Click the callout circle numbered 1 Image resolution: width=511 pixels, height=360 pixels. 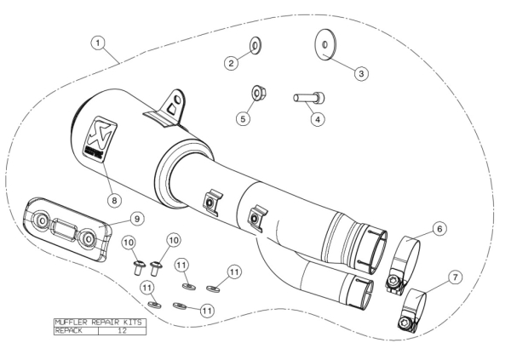[x=98, y=43]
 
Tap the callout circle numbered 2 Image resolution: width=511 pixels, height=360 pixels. [x=231, y=62]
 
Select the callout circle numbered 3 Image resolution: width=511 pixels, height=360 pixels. [x=361, y=73]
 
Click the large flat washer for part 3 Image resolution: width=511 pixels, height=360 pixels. [x=324, y=45]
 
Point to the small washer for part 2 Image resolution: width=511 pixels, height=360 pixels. [x=255, y=46]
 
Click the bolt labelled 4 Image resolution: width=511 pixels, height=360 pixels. [x=309, y=98]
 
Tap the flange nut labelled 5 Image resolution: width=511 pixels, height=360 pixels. [x=258, y=94]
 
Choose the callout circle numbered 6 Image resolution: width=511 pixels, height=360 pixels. [x=439, y=229]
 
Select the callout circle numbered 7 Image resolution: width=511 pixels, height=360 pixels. [x=455, y=277]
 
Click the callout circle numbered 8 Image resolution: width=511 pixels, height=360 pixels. [x=114, y=200]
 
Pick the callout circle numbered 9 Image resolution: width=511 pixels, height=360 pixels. [x=137, y=218]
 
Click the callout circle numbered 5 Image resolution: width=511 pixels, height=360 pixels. [x=243, y=118]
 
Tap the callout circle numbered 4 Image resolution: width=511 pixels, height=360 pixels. [x=318, y=119]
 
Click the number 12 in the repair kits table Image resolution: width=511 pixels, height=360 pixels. [x=122, y=331]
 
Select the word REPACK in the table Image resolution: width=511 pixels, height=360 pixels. [x=69, y=331]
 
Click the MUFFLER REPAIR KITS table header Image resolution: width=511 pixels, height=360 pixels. [x=99, y=323]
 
